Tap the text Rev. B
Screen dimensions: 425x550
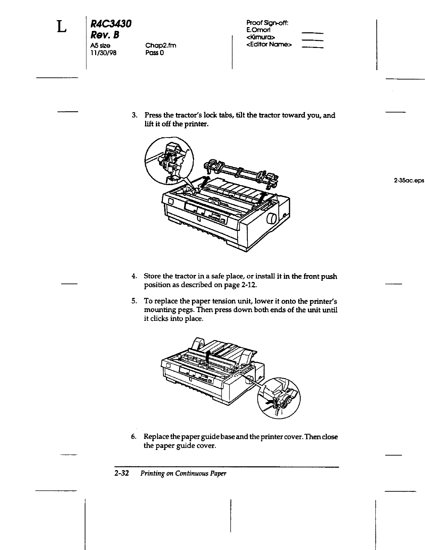tap(105, 35)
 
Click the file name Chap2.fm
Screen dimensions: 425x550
tap(161, 45)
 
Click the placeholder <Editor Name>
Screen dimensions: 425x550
tap(269, 44)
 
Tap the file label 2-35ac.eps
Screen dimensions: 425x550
tap(409, 181)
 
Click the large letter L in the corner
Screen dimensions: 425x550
tap(61, 26)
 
